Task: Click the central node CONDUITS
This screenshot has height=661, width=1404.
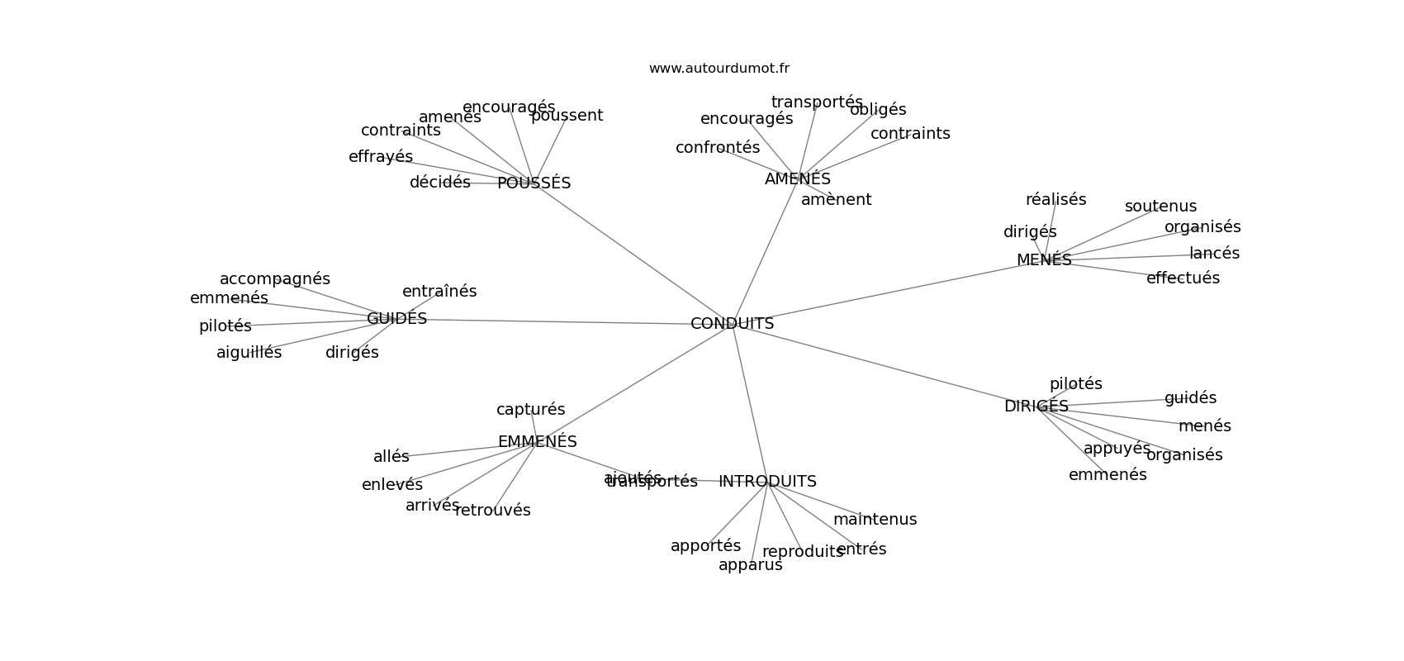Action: [732, 324]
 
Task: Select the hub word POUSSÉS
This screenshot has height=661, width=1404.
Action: [534, 183]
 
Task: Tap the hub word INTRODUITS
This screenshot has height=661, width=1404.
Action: [767, 482]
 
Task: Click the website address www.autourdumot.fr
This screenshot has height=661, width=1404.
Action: [719, 69]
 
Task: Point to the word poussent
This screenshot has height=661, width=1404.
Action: [567, 116]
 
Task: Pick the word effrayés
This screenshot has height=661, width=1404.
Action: [380, 157]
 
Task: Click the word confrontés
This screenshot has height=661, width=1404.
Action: [717, 148]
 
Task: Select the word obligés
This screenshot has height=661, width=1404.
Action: [877, 110]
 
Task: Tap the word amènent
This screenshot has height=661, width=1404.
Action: [836, 200]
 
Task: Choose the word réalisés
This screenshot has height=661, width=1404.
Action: [1055, 200]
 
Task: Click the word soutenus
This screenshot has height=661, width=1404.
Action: [1160, 207]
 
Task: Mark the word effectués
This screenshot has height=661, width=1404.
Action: [1182, 278]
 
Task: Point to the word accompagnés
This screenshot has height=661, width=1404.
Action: [274, 279]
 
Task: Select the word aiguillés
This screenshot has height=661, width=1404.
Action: [249, 353]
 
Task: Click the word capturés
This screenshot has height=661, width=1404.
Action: [530, 410]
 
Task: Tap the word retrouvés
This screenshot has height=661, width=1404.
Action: [492, 511]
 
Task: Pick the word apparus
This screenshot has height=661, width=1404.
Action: [750, 565]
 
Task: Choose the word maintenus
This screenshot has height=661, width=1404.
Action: [875, 520]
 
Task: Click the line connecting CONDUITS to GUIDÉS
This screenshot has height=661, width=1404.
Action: [562, 321]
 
